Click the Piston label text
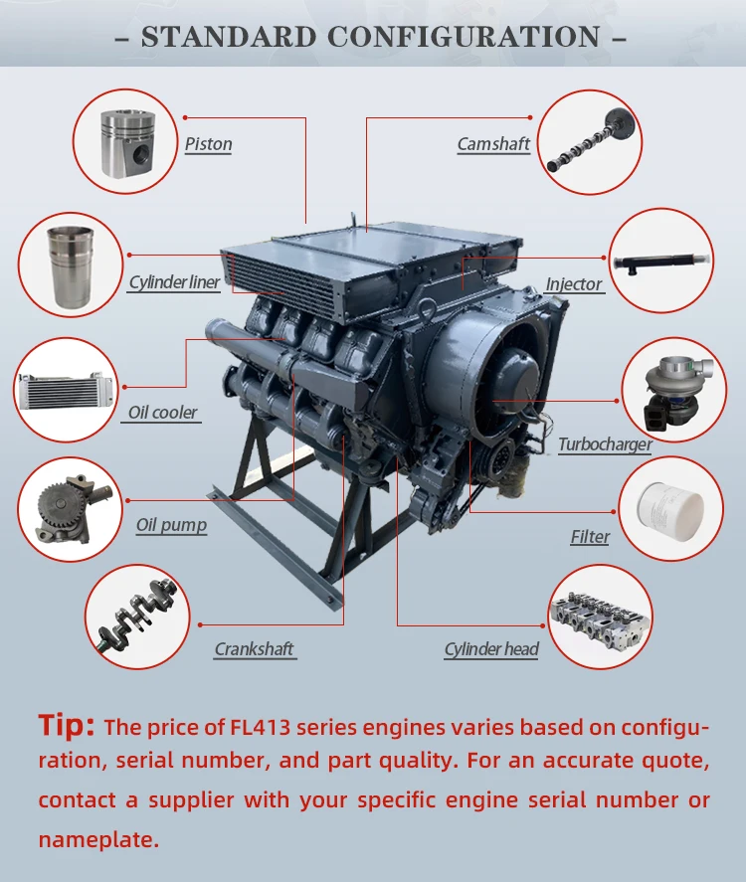click(208, 144)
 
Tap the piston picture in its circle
click(125, 140)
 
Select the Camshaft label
click(493, 144)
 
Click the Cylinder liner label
click(174, 282)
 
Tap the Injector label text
click(574, 284)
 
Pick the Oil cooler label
click(162, 413)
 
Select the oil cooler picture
click(66, 389)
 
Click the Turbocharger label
click(605, 444)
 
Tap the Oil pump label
click(171, 525)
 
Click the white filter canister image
click(669, 508)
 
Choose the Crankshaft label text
click(255, 649)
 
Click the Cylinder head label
click(491, 649)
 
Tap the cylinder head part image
click(600, 617)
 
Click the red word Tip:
click(67, 725)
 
